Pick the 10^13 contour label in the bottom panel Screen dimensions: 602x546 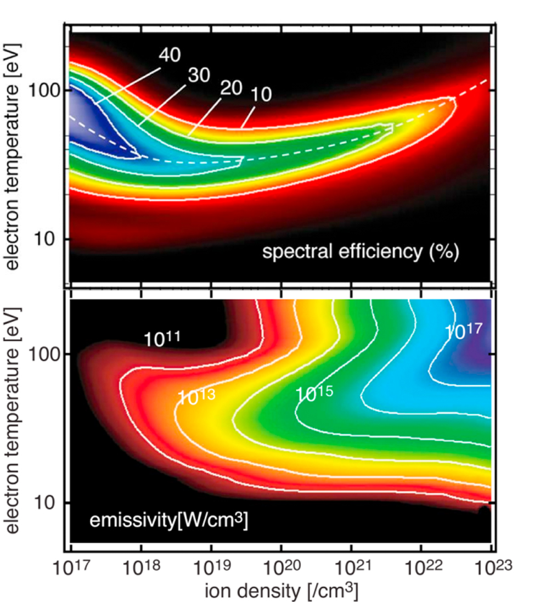click(x=195, y=397)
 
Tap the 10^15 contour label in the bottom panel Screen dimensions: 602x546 click(x=314, y=393)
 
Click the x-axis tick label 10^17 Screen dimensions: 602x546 click(x=71, y=566)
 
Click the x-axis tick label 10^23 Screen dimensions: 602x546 click(x=490, y=566)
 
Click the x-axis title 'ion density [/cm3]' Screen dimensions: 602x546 click(x=280, y=590)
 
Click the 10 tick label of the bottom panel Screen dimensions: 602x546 click(x=51, y=503)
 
